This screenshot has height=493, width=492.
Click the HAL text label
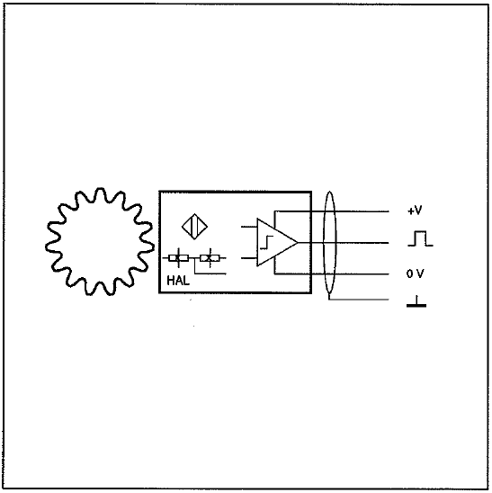[178, 281]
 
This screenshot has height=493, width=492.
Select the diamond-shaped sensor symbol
[194, 227]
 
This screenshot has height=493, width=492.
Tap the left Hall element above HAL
[179, 258]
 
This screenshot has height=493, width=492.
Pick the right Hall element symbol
[210, 258]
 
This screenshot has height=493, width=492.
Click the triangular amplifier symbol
[258, 242]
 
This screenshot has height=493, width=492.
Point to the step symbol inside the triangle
[266, 242]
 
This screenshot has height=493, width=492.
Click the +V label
[415, 211]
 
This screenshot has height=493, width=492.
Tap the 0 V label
[415, 273]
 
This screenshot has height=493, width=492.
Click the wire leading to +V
[332, 211]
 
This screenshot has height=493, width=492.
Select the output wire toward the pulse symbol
[344, 242]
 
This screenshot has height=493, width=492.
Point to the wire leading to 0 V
[332, 273]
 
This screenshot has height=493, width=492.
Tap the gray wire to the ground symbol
[359, 300]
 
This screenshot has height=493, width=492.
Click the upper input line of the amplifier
[249, 227]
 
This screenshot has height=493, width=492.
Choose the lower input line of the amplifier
[249, 258]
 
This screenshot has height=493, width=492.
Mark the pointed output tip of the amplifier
[298, 242]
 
